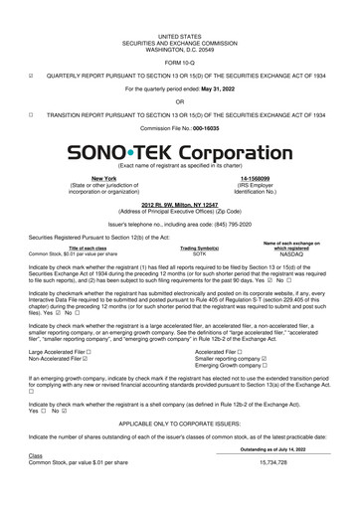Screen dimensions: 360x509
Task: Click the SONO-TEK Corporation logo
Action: click(179, 155)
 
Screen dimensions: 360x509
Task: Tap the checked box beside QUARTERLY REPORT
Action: click(32, 74)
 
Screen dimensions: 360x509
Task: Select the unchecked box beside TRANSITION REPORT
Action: click(32, 114)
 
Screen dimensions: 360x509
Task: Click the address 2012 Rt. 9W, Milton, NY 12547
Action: click(180, 204)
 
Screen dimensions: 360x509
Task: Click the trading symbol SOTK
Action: click(185, 254)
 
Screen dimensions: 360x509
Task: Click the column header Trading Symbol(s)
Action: click(185, 248)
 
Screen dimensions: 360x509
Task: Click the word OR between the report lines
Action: click(179, 100)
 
